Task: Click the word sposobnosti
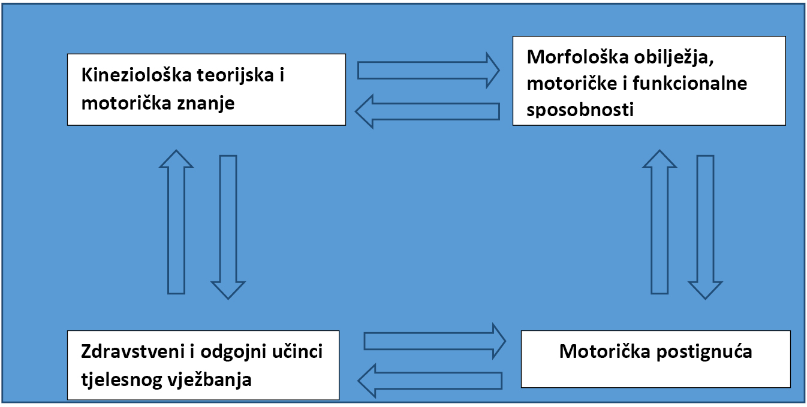580,110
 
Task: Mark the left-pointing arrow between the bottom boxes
429,380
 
